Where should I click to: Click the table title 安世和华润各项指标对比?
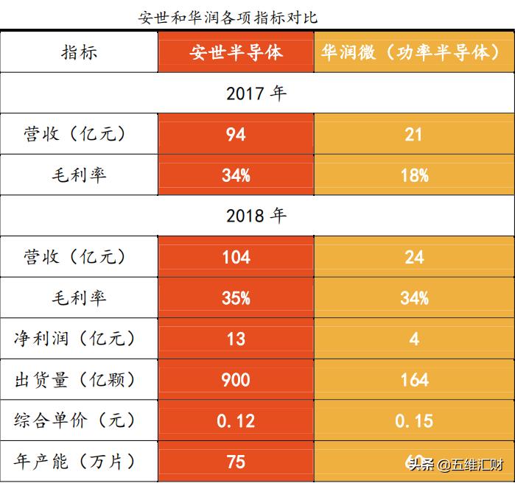pyautogui.click(x=228, y=17)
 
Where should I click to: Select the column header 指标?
pyautogui.click(x=79, y=52)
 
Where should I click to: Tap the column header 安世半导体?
pyautogui.click(x=236, y=52)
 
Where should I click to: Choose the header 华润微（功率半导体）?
pyautogui.click(x=414, y=52)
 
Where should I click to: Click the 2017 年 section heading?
pyautogui.click(x=256, y=94)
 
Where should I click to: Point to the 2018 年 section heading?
pyautogui.click(x=256, y=216)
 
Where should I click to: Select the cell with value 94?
pyautogui.click(x=236, y=135)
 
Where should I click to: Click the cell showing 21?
pyautogui.click(x=414, y=135)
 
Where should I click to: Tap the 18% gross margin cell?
pyautogui.click(x=414, y=175)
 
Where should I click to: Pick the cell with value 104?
pyautogui.click(x=236, y=257)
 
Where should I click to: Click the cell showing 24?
pyautogui.click(x=414, y=257)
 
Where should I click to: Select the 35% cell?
pyautogui.click(x=236, y=298)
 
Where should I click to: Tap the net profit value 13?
pyautogui.click(x=236, y=339)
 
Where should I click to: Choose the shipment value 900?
pyautogui.click(x=236, y=380)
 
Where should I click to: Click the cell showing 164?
pyautogui.click(x=414, y=380)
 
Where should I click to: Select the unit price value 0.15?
pyautogui.click(x=414, y=420)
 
